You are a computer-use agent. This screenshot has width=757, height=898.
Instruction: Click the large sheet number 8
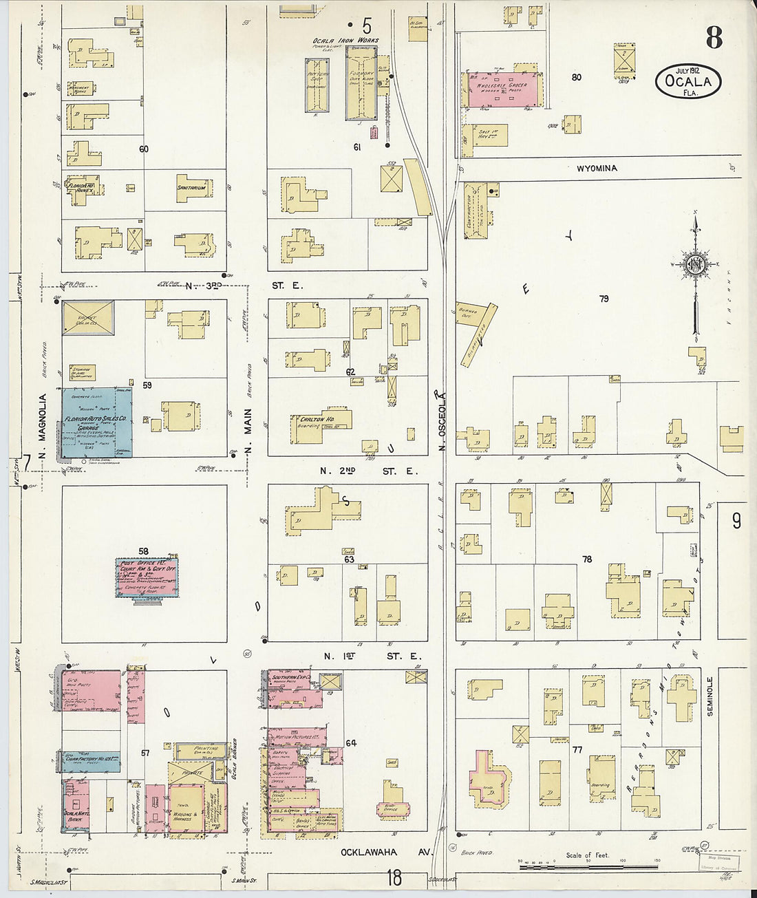pyautogui.click(x=714, y=38)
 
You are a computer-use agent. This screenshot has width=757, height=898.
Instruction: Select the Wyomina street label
pyautogui.click(x=597, y=169)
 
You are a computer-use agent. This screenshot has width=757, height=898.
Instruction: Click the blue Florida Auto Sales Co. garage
pyautogui.click(x=96, y=423)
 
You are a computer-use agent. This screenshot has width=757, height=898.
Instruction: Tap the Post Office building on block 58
pyautogui.click(x=146, y=577)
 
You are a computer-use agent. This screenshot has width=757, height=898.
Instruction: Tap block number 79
pyautogui.click(x=604, y=299)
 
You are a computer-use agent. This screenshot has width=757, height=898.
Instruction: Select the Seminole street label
pyautogui.click(x=710, y=696)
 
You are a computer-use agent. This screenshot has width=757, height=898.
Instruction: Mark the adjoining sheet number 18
pyautogui.click(x=394, y=878)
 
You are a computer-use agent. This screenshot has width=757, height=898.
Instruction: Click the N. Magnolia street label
pyautogui.click(x=42, y=427)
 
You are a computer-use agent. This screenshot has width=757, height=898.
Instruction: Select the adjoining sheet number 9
pyautogui.click(x=736, y=522)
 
